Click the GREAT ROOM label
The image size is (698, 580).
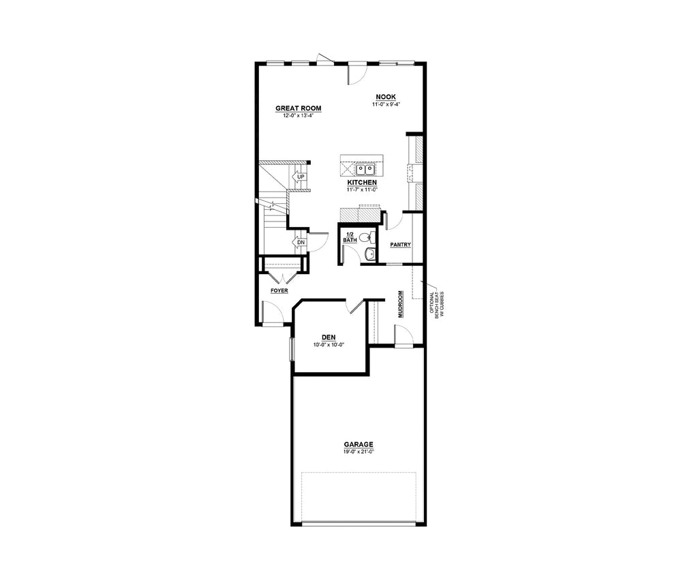coord(299,108)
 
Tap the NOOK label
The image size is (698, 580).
coord(386,97)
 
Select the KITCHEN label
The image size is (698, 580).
coord(362,183)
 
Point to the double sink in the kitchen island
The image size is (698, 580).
coord(365,169)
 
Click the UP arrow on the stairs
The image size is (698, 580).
coord(299,177)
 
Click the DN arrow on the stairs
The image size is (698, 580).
coord(299,243)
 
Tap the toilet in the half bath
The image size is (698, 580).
coord(365,236)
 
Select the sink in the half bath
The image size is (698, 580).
coord(369,255)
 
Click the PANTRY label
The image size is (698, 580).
coord(400,245)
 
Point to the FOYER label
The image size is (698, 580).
coord(279,290)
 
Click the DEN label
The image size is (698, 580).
coord(329,337)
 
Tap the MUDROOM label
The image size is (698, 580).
coord(401,304)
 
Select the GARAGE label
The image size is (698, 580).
coord(359,444)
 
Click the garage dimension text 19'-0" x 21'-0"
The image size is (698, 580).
coord(359,452)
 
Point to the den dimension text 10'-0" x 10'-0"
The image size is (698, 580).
coord(329,345)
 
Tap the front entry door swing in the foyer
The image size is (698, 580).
coord(273,311)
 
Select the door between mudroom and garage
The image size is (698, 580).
coord(404,335)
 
